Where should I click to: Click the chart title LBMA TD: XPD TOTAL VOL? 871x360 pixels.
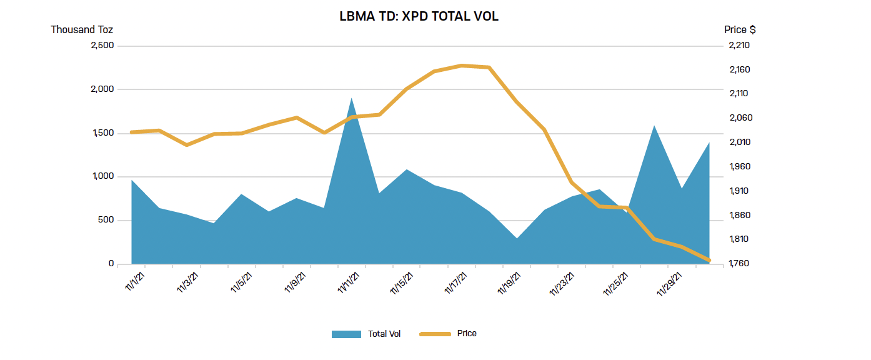[419, 17]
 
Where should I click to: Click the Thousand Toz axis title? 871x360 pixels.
[81, 29]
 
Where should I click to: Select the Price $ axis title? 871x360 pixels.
[740, 29]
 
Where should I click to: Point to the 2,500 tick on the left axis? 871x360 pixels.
[102, 46]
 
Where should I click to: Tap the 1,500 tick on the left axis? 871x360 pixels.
[102, 133]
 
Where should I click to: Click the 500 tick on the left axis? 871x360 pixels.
[106, 220]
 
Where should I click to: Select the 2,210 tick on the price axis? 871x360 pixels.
[739, 46]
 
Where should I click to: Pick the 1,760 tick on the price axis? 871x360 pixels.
[739, 264]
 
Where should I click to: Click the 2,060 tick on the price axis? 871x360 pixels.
[739, 118]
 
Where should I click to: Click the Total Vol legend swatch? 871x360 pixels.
[346, 334]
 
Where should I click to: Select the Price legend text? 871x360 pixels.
[467, 334]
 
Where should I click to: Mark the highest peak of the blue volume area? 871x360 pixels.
[352, 99]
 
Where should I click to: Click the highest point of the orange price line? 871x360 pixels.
[462, 65]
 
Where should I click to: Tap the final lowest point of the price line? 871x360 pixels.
[709, 261]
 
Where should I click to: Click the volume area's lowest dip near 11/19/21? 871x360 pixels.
[517, 238]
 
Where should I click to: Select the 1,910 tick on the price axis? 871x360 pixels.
[739, 191]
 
